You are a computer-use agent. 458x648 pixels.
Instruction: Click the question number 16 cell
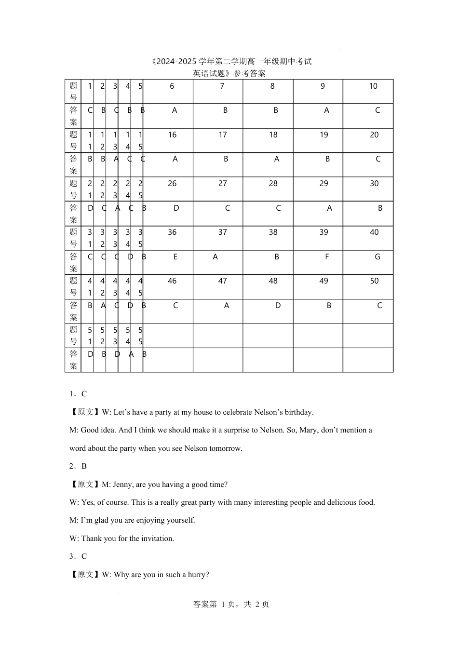pos(172,135)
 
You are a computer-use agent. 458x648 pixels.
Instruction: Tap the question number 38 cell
pos(273,232)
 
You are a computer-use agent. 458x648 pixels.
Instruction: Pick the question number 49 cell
pos(323,281)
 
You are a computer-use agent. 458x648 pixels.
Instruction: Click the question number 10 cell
pos(373,86)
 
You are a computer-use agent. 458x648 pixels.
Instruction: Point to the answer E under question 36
pos(175,257)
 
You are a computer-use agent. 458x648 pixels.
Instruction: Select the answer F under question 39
pos(327,257)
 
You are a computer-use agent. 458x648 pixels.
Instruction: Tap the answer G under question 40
pos(377,257)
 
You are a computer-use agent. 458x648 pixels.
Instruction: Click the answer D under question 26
pos(176,208)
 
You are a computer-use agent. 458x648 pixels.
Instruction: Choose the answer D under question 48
pos(278,306)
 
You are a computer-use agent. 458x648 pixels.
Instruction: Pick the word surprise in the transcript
pos(236,430)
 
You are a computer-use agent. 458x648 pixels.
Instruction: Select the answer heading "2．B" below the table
pos(78,466)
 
